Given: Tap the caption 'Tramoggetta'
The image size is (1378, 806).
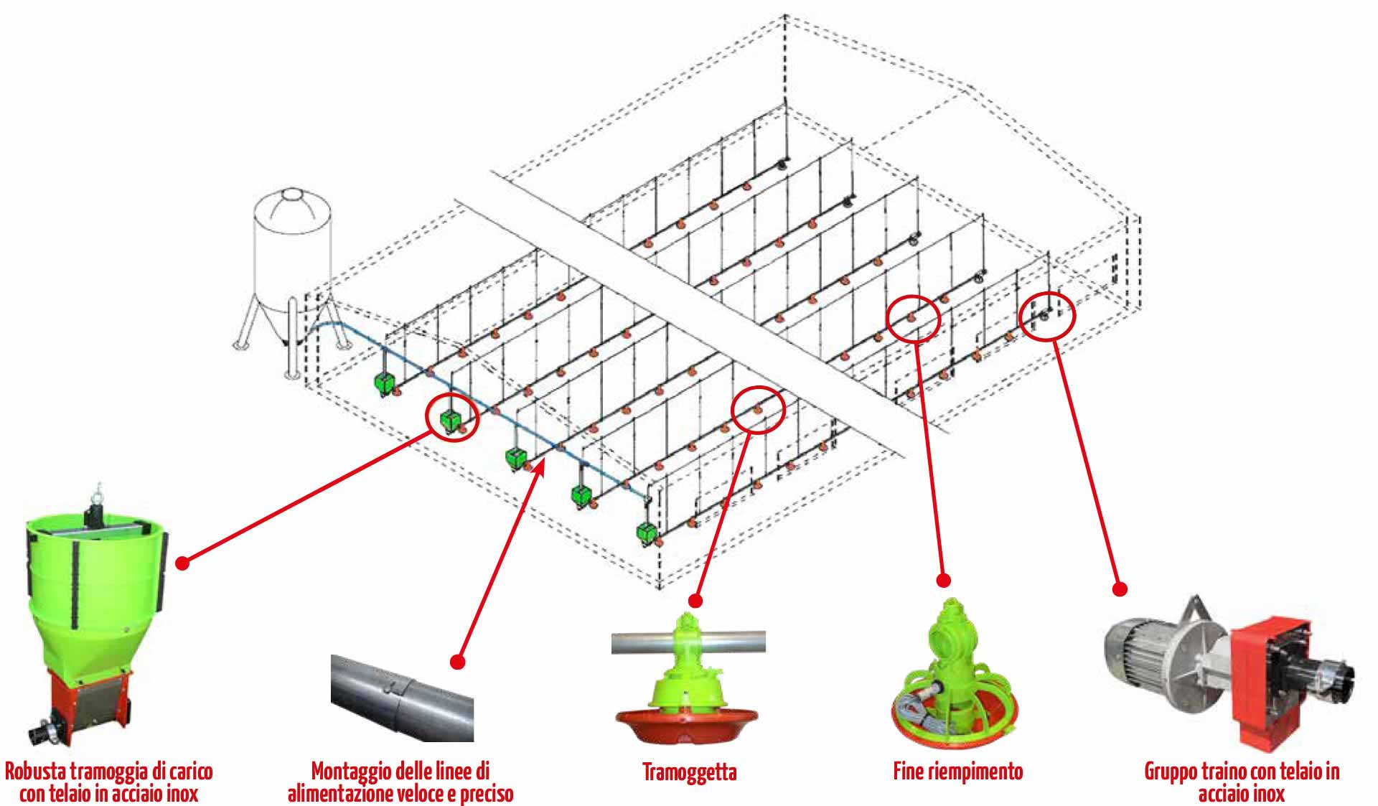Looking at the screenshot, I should click(x=689, y=772).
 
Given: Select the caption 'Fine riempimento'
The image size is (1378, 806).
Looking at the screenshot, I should click(x=957, y=772).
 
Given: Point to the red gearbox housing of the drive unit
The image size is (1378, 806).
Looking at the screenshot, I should click(x=1263, y=675).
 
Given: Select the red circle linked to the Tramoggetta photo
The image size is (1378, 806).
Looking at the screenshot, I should click(x=759, y=409).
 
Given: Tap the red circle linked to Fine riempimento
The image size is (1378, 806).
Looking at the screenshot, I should click(x=913, y=318).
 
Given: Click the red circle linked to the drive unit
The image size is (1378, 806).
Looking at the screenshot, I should click(x=1047, y=316).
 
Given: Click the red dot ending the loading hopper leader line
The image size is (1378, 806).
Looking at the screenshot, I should click(x=182, y=563).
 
